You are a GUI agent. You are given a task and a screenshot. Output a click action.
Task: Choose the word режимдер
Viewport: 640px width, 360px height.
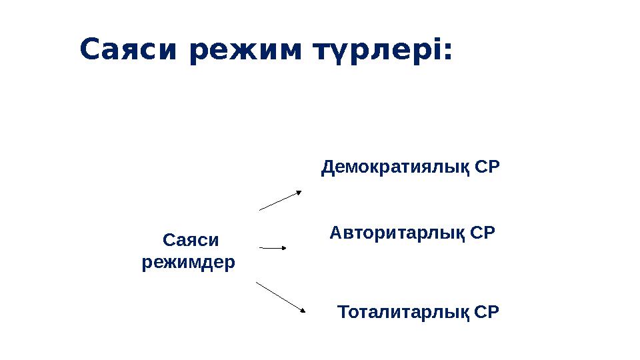(x=189, y=262)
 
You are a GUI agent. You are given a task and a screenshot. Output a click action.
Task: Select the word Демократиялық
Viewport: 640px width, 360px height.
(x=396, y=167)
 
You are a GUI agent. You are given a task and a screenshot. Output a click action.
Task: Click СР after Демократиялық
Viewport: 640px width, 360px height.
(x=487, y=167)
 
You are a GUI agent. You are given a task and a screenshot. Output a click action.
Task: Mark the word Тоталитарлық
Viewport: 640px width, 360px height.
(x=404, y=312)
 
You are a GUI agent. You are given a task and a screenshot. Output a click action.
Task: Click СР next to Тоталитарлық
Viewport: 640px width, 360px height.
(x=487, y=312)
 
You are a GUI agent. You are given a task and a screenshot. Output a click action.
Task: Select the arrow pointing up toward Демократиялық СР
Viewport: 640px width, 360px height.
(x=280, y=201)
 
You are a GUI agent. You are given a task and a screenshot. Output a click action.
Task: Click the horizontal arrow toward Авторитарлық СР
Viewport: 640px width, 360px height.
(x=272, y=247)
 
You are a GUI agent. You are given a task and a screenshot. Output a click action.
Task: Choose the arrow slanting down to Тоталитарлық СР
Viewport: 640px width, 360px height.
(x=280, y=297)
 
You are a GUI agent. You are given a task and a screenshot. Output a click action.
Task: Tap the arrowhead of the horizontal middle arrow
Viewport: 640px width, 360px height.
(x=283, y=248)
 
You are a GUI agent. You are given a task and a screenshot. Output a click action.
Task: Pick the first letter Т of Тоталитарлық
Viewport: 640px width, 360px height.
(x=343, y=312)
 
